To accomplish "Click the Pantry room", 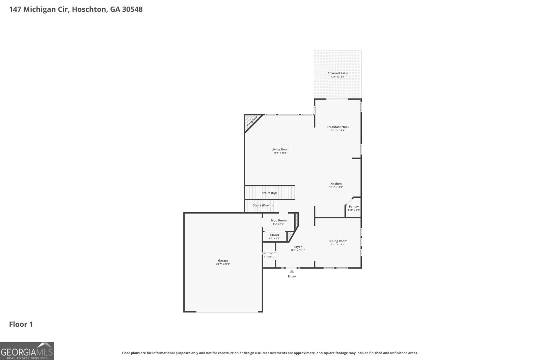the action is pyautogui.click(x=354, y=207).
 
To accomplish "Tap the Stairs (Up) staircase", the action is pyautogui.click(x=270, y=193).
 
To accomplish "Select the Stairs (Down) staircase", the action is pyautogui.click(x=261, y=206).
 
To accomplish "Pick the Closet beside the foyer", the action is pyautogui.click(x=275, y=237).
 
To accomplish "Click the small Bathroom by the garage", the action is pyautogui.click(x=269, y=255).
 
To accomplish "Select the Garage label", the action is pyautogui.click(x=223, y=260).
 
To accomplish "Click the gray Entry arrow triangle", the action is pyautogui.click(x=292, y=271).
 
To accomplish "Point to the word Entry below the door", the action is pyautogui.click(x=292, y=276).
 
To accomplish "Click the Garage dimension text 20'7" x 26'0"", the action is pyautogui.click(x=223, y=264).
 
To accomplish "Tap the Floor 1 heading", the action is pyautogui.click(x=21, y=324).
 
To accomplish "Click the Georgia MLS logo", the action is pyautogui.click(x=27, y=351).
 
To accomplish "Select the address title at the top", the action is pyautogui.click(x=76, y=9).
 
